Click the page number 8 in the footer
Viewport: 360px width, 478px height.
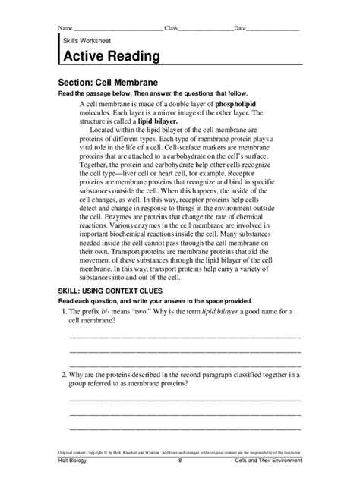tap(180, 461)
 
